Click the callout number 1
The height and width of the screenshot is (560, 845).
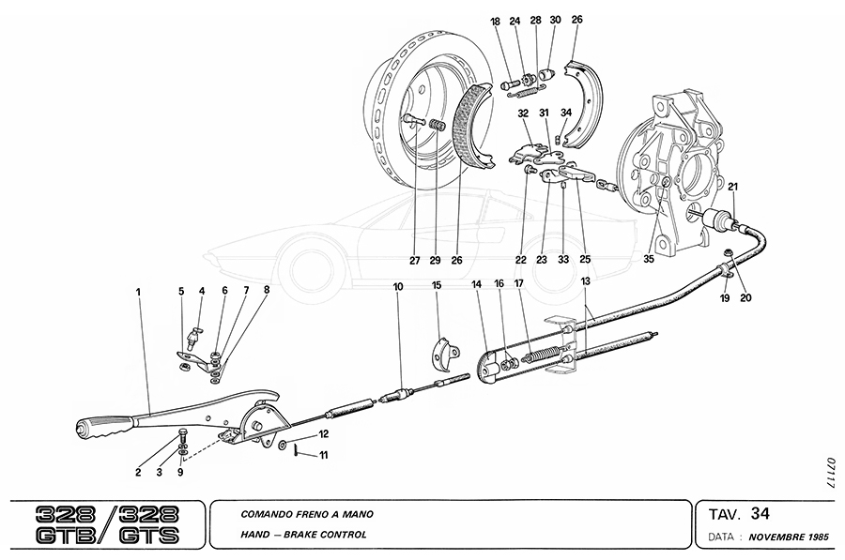coord(138,292)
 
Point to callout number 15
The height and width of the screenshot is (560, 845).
coord(437,285)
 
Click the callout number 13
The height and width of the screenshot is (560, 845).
coord(585,281)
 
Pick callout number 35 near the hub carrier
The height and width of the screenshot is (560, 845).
coord(648,259)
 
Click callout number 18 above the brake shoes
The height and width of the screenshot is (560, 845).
coord(495,20)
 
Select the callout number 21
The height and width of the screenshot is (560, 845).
coord(732,186)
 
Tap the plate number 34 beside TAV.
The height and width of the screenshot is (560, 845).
coord(760,512)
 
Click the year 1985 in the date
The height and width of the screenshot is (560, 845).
coord(816,541)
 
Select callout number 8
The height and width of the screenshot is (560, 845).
coord(267,291)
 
